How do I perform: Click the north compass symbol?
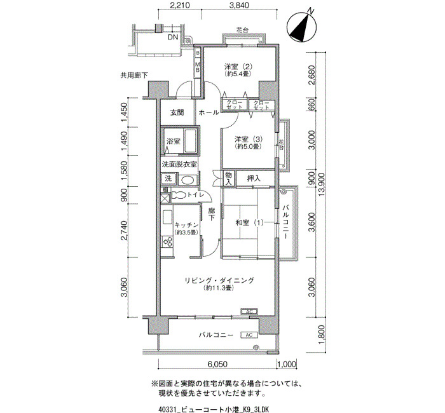302,27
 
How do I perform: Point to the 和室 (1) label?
249,222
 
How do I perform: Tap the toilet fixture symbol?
179,195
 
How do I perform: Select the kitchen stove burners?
167,242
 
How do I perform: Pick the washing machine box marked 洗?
168,179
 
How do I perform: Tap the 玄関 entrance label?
177,112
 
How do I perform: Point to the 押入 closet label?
254,179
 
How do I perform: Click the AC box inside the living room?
249,312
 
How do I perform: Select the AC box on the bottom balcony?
249,335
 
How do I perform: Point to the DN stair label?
172,37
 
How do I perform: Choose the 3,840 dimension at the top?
239,5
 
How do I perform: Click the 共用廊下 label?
134,76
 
